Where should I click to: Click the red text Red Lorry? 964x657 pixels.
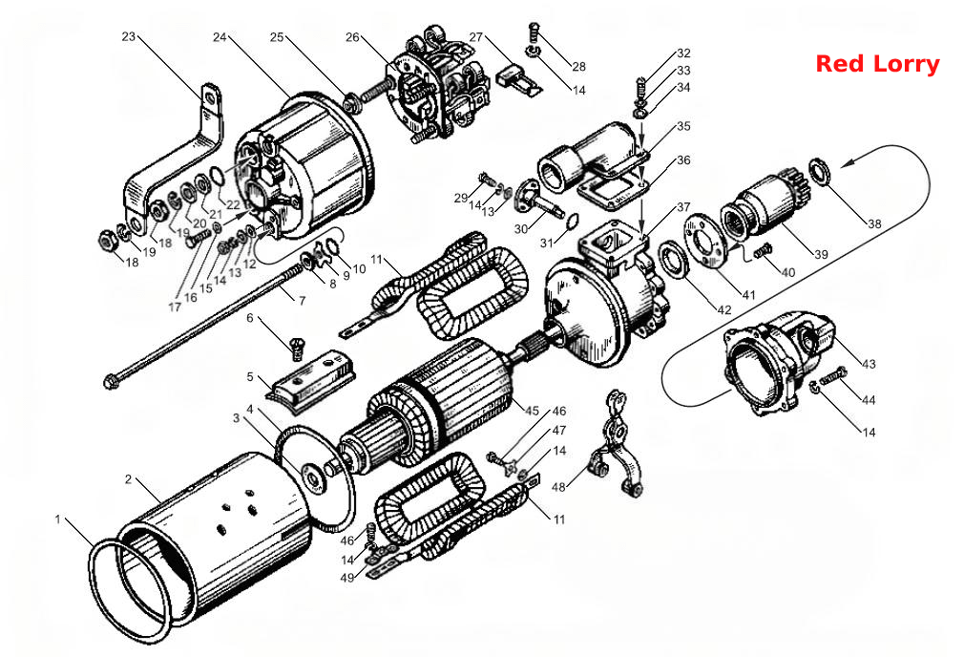coord(877,64)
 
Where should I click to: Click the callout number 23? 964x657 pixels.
coord(128,37)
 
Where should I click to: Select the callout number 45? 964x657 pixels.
coord(532,411)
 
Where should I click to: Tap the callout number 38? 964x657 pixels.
coord(874,223)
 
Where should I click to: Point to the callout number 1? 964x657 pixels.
coord(58,519)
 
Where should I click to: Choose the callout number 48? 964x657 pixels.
coord(558,487)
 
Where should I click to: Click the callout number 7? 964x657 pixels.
coord(302,301)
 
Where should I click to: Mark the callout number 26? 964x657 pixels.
coord(352,37)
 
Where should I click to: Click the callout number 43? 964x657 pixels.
coord(869,364)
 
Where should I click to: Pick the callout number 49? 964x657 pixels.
coord(347,578)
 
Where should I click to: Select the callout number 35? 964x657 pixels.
coord(683,127)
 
